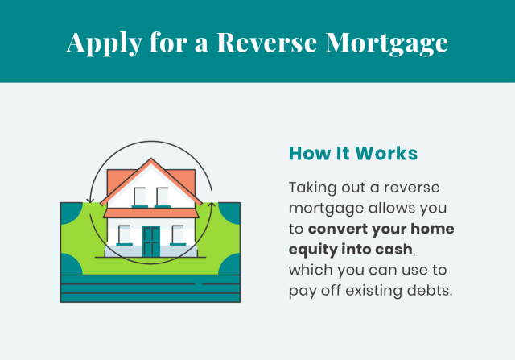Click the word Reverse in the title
click(x=266, y=43)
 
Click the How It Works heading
click(x=353, y=153)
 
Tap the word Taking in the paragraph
click(x=312, y=188)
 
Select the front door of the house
click(x=150, y=241)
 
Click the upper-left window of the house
click(x=139, y=197)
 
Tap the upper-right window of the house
click(x=163, y=197)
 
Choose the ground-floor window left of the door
click(x=124, y=235)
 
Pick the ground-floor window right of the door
click(x=178, y=235)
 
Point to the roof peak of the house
click(x=151, y=159)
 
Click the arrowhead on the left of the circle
click(x=89, y=201)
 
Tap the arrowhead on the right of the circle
click(x=212, y=205)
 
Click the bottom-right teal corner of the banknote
click(x=231, y=265)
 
